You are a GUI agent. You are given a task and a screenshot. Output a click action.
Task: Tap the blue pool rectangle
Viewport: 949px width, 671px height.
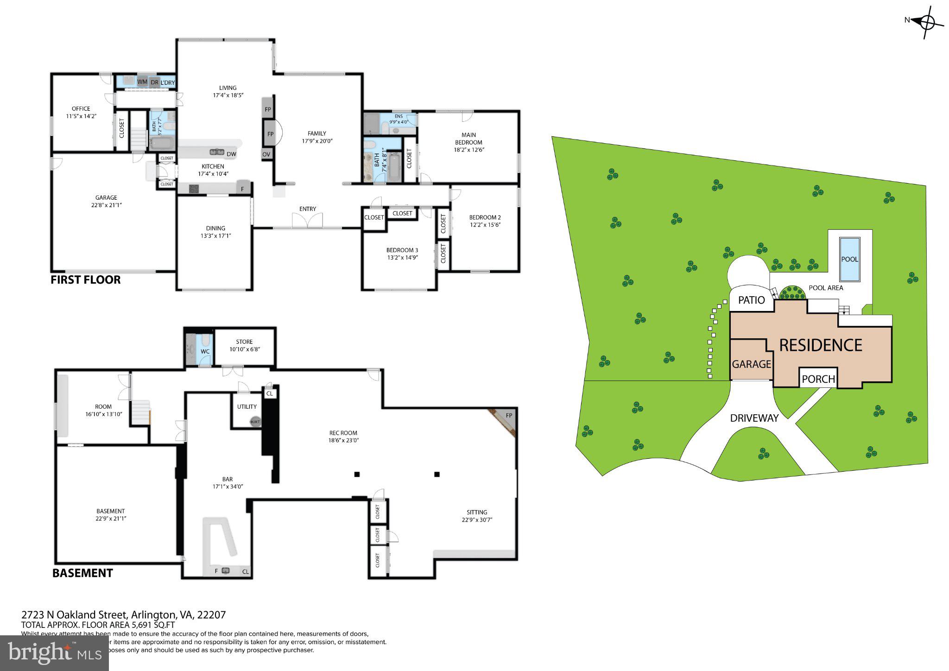(x=849, y=260)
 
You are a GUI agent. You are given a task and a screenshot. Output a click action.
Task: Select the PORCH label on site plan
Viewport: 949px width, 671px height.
(x=818, y=379)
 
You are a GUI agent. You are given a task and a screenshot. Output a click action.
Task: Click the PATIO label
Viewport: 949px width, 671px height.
(x=751, y=300)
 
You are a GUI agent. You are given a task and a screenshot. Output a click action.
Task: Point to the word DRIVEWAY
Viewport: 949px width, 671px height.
(x=754, y=418)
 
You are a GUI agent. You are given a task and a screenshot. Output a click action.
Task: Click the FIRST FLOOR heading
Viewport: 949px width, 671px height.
(x=85, y=280)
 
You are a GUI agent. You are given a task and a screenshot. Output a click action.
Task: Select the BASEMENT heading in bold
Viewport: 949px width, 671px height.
(x=82, y=573)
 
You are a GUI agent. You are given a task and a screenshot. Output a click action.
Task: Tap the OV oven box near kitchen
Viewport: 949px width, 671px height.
(x=266, y=154)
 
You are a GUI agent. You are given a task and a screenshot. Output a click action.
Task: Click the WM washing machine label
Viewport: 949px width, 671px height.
(x=142, y=82)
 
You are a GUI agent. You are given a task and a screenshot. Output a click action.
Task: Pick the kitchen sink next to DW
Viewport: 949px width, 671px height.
(x=216, y=152)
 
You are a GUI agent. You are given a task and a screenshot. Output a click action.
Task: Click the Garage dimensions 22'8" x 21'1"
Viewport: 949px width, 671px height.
(x=106, y=205)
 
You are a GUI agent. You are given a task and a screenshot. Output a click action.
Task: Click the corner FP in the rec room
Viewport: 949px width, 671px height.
(x=508, y=415)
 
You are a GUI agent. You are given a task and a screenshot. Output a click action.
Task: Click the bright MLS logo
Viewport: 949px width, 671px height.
(x=54, y=652)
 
